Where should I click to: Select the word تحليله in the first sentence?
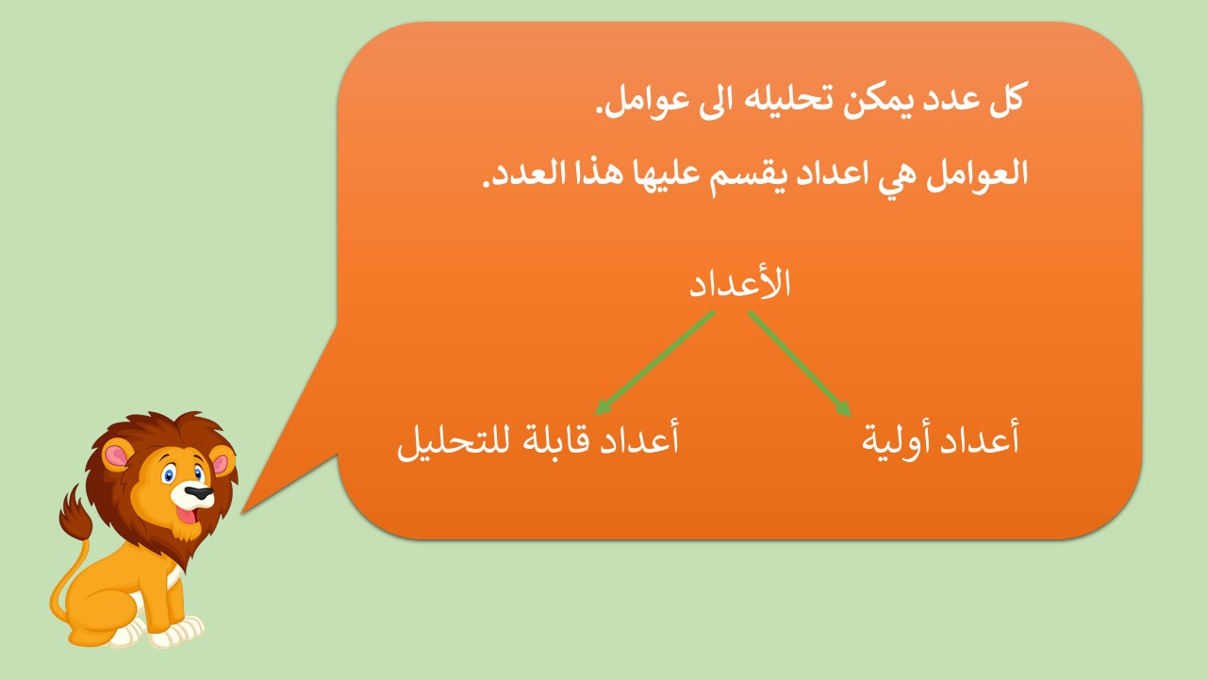[x=775, y=99]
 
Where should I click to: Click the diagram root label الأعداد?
[x=740, y=282]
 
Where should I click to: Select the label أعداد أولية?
[x=941, y=439]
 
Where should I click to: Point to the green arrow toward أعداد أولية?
[x=800, y=364]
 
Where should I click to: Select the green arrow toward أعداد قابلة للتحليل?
[x=654, y=363]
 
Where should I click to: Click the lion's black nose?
[x=198, y=493]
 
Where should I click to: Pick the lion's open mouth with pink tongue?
[x=189, y=515]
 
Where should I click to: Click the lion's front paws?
[x=161, y=632]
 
